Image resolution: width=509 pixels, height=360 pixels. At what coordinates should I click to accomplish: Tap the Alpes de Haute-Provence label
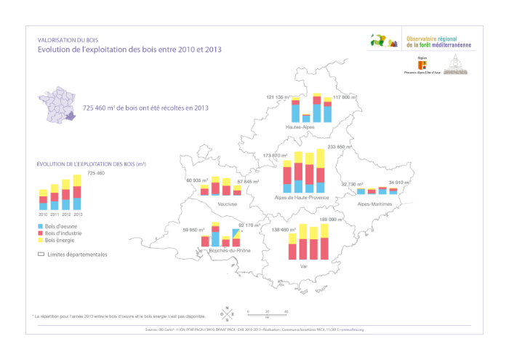302,197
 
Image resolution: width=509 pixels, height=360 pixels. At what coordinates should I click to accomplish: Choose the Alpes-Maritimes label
374,204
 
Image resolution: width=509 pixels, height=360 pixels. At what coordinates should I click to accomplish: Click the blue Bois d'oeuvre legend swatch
40,226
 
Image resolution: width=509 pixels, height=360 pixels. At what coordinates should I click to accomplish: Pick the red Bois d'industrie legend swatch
40,233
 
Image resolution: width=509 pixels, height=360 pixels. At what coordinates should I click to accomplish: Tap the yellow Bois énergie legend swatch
40,240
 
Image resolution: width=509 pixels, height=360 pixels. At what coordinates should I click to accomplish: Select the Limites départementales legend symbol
41,255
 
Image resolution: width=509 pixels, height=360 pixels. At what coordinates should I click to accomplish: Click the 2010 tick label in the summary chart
43,215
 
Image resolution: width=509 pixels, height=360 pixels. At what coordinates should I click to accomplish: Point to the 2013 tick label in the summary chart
78,215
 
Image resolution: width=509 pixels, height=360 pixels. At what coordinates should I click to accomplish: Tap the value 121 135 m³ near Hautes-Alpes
278,97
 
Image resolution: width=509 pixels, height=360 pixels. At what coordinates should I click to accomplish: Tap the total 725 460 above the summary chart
96,173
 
